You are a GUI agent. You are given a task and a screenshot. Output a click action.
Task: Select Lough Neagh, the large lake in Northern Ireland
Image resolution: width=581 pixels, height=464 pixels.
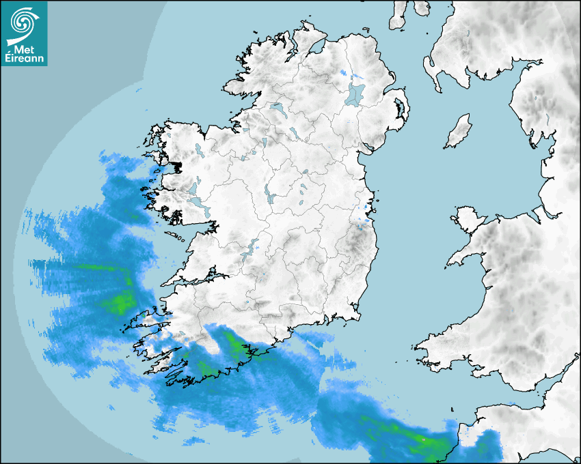coord(355,93)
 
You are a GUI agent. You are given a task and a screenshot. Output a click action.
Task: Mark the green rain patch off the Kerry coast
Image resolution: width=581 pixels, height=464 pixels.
coord(122,301)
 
